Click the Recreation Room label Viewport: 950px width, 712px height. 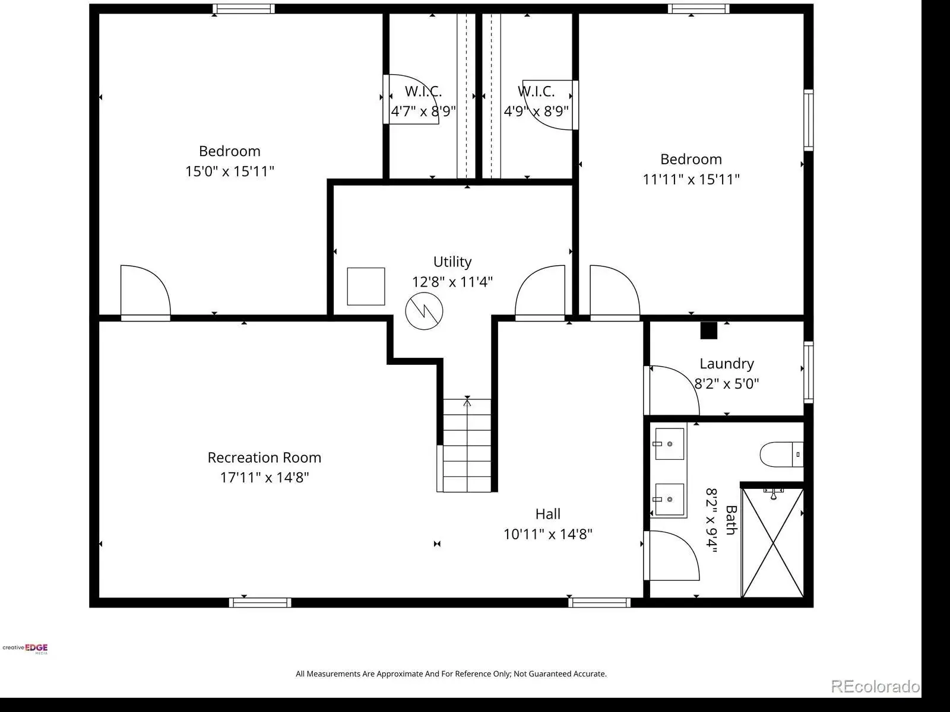pyautogui.click(x=264, y=457)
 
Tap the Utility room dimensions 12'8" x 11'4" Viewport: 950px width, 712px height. pyautogui.click(x=452, y=282)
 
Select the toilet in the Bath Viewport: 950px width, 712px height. pyautogui.click(x=781, y=454)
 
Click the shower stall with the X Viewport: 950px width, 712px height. pyautogui.click(x=773, y=543)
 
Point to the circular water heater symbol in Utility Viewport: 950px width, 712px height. pyautogui.click(x=424, y=311)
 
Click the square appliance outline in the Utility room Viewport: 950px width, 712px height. pyautogui.click(x=366, y=287)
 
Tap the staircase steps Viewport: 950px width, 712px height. pyautogui.click(x=467, y=445)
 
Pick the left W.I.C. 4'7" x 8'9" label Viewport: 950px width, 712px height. pyautogui.click(x=423, y=101)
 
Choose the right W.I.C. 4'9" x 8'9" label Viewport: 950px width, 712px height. pyautogui.click(x=536, y=101)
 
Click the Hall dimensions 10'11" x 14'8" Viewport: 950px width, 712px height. pyautogui.click(x=548, y=535)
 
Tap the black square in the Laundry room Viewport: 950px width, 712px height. pyautogui.click(x=709, y=330)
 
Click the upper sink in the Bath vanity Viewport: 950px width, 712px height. pyautogui.click(x=669, y=444)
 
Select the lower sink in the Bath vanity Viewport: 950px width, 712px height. pyautogui.click(x=669, y=500)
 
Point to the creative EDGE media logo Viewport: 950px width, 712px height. pyautogui.click(x=25, y=649)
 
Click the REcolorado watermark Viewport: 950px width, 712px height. pyautogui.click(x=875, y=686)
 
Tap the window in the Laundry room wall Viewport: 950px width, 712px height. pyautogui.click(x=809, y=372)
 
